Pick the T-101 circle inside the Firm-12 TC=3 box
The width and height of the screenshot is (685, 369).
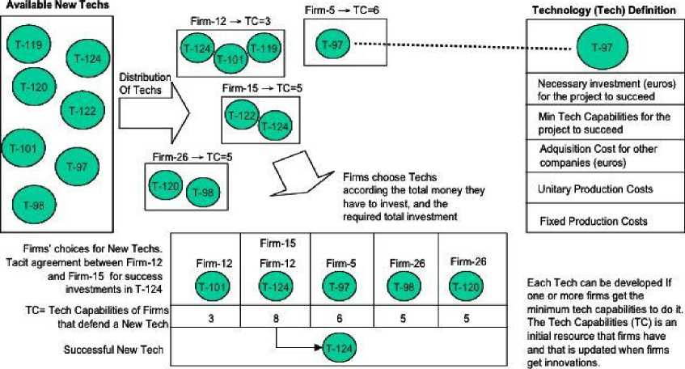pos(230,58)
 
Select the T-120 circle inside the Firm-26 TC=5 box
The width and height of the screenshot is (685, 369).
pos(165,185)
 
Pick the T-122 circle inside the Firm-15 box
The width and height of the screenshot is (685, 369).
pos(241,116)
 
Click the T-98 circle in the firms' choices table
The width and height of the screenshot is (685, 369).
pos(404,284)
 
